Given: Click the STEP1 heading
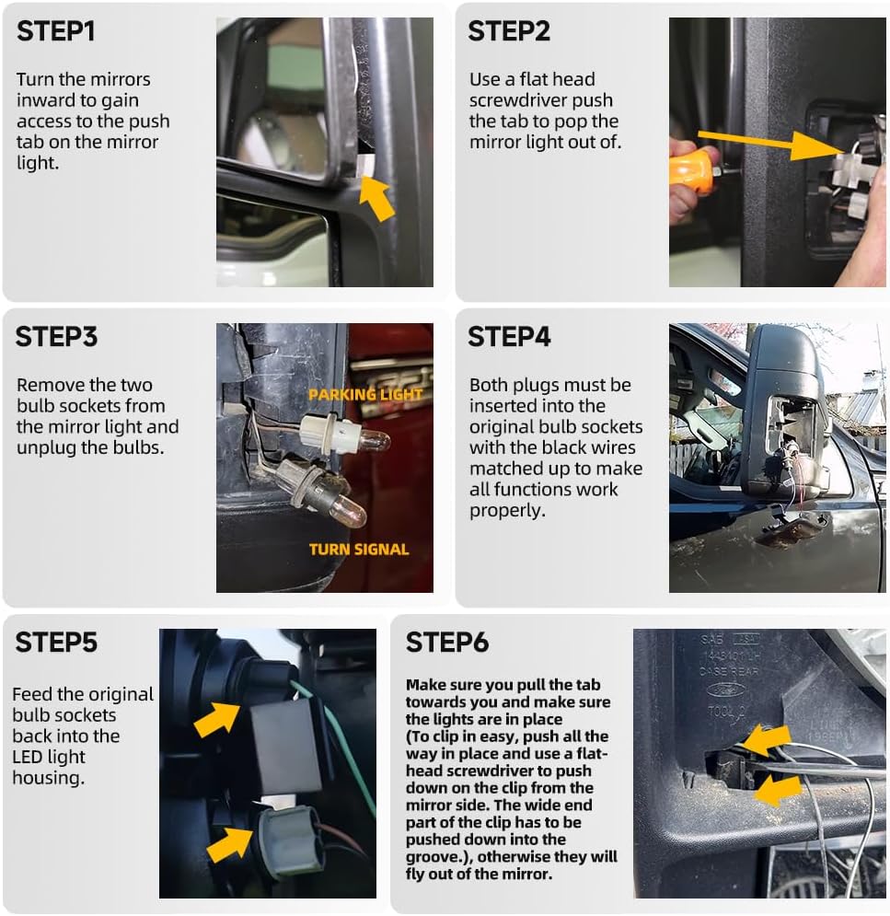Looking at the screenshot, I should tap(56, 30).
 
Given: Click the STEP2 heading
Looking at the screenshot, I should tap(509, 30).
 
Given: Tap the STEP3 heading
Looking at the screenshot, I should tap(56, 336).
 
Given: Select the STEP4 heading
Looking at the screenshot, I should tap(509, 336).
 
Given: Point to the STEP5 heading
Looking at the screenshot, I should tap(56, 642).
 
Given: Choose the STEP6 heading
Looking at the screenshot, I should tap(447, 642).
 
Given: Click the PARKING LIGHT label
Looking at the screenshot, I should tap(365, 395).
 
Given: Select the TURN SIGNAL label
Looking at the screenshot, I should tap(359, 550).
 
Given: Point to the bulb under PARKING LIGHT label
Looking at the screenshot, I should tap(373, 440).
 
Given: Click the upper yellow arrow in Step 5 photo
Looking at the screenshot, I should tap(218, 717).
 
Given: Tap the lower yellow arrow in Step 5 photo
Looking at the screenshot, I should tap(230, 842).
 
